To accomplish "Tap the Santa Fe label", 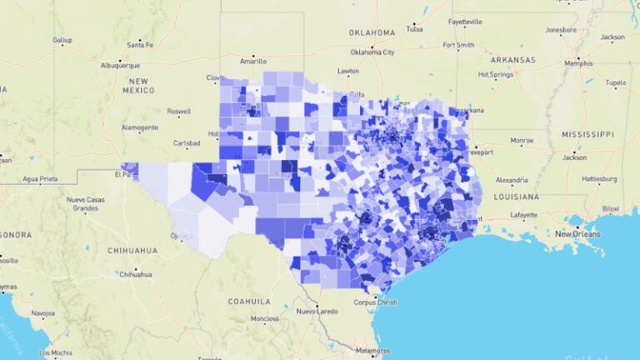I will point(140,45).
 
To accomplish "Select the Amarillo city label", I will point(252,61).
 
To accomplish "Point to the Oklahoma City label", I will point(372,52).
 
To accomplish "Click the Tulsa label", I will point(414,28).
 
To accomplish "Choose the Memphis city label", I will point(577,63).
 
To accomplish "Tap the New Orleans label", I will point(578,234).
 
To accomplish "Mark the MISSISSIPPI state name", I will point(587,134).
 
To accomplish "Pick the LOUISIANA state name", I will point(516,197).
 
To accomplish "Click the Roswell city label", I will point(178,111).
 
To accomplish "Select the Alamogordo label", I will point(139,127).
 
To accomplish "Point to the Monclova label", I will point(265,319).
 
